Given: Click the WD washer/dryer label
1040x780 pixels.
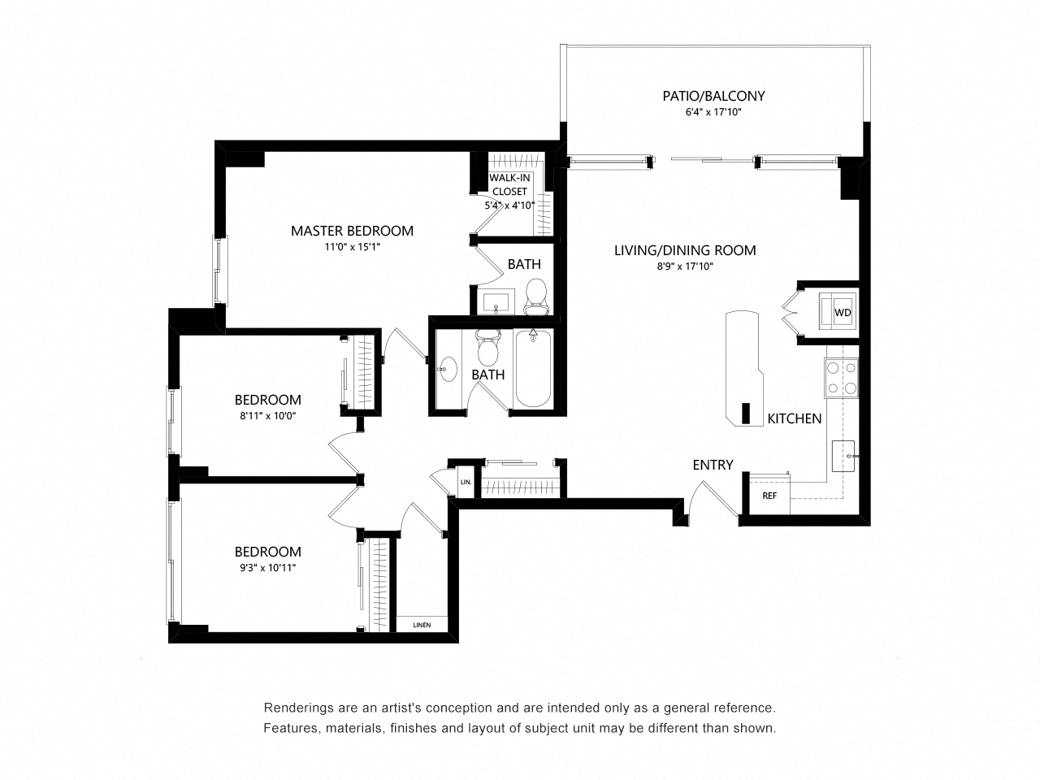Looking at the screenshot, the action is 843,313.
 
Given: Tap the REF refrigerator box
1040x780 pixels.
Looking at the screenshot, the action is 769,496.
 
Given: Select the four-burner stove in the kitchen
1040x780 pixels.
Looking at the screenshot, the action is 842,378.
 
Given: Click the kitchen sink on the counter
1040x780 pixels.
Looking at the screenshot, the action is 843,456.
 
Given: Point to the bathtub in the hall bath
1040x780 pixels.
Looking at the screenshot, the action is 533,368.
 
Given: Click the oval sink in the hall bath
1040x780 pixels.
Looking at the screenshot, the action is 447,369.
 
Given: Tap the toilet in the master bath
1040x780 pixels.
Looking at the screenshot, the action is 536,297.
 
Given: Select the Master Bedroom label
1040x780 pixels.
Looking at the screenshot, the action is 352,231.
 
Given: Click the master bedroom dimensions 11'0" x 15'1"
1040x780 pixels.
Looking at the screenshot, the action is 352,247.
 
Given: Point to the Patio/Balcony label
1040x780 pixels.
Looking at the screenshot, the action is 713,96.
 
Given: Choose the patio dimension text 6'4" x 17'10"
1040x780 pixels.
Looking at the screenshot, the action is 713,112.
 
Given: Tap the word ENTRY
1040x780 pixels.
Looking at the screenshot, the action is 713,465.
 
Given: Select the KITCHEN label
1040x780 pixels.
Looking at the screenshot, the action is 794,418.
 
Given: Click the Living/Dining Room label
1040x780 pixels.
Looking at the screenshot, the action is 685,250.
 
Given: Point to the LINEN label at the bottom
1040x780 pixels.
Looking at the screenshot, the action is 422,625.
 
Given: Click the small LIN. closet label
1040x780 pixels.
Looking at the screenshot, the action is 466,482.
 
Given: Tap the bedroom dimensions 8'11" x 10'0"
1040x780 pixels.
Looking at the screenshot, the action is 267,416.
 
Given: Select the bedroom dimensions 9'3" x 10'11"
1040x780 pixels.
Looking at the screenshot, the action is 267,567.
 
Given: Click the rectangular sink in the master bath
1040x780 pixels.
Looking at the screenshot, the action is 496,301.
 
